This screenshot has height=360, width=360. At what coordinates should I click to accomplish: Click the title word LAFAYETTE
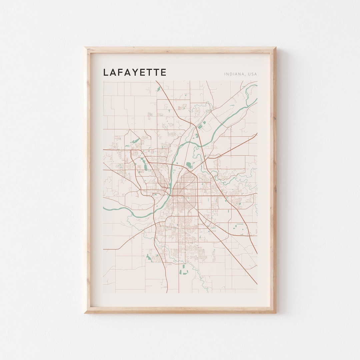135,72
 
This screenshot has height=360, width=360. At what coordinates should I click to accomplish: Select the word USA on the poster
252,74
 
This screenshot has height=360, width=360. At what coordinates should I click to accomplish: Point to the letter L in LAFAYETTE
106,72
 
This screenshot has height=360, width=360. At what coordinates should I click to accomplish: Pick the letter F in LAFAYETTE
120,72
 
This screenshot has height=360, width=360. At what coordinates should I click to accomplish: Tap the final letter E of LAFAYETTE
163,72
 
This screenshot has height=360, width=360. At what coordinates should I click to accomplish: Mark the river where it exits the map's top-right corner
255,86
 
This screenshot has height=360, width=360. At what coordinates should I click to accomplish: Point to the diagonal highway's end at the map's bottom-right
256,283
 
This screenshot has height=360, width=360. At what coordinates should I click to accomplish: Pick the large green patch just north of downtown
189,165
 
